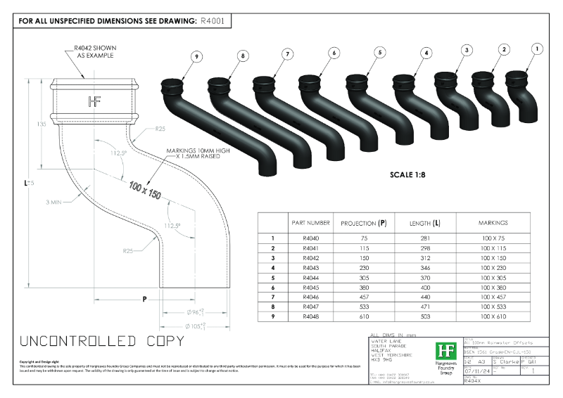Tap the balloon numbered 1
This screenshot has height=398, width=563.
537,49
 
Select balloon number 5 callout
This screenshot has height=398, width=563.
380,52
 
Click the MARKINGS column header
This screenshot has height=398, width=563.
493,223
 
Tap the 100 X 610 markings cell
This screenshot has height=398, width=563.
493,318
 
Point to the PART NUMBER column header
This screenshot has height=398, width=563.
310,223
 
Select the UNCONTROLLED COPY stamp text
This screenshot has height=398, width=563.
102,342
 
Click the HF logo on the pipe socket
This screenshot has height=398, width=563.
95,101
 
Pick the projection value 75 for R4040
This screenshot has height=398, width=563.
363,238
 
